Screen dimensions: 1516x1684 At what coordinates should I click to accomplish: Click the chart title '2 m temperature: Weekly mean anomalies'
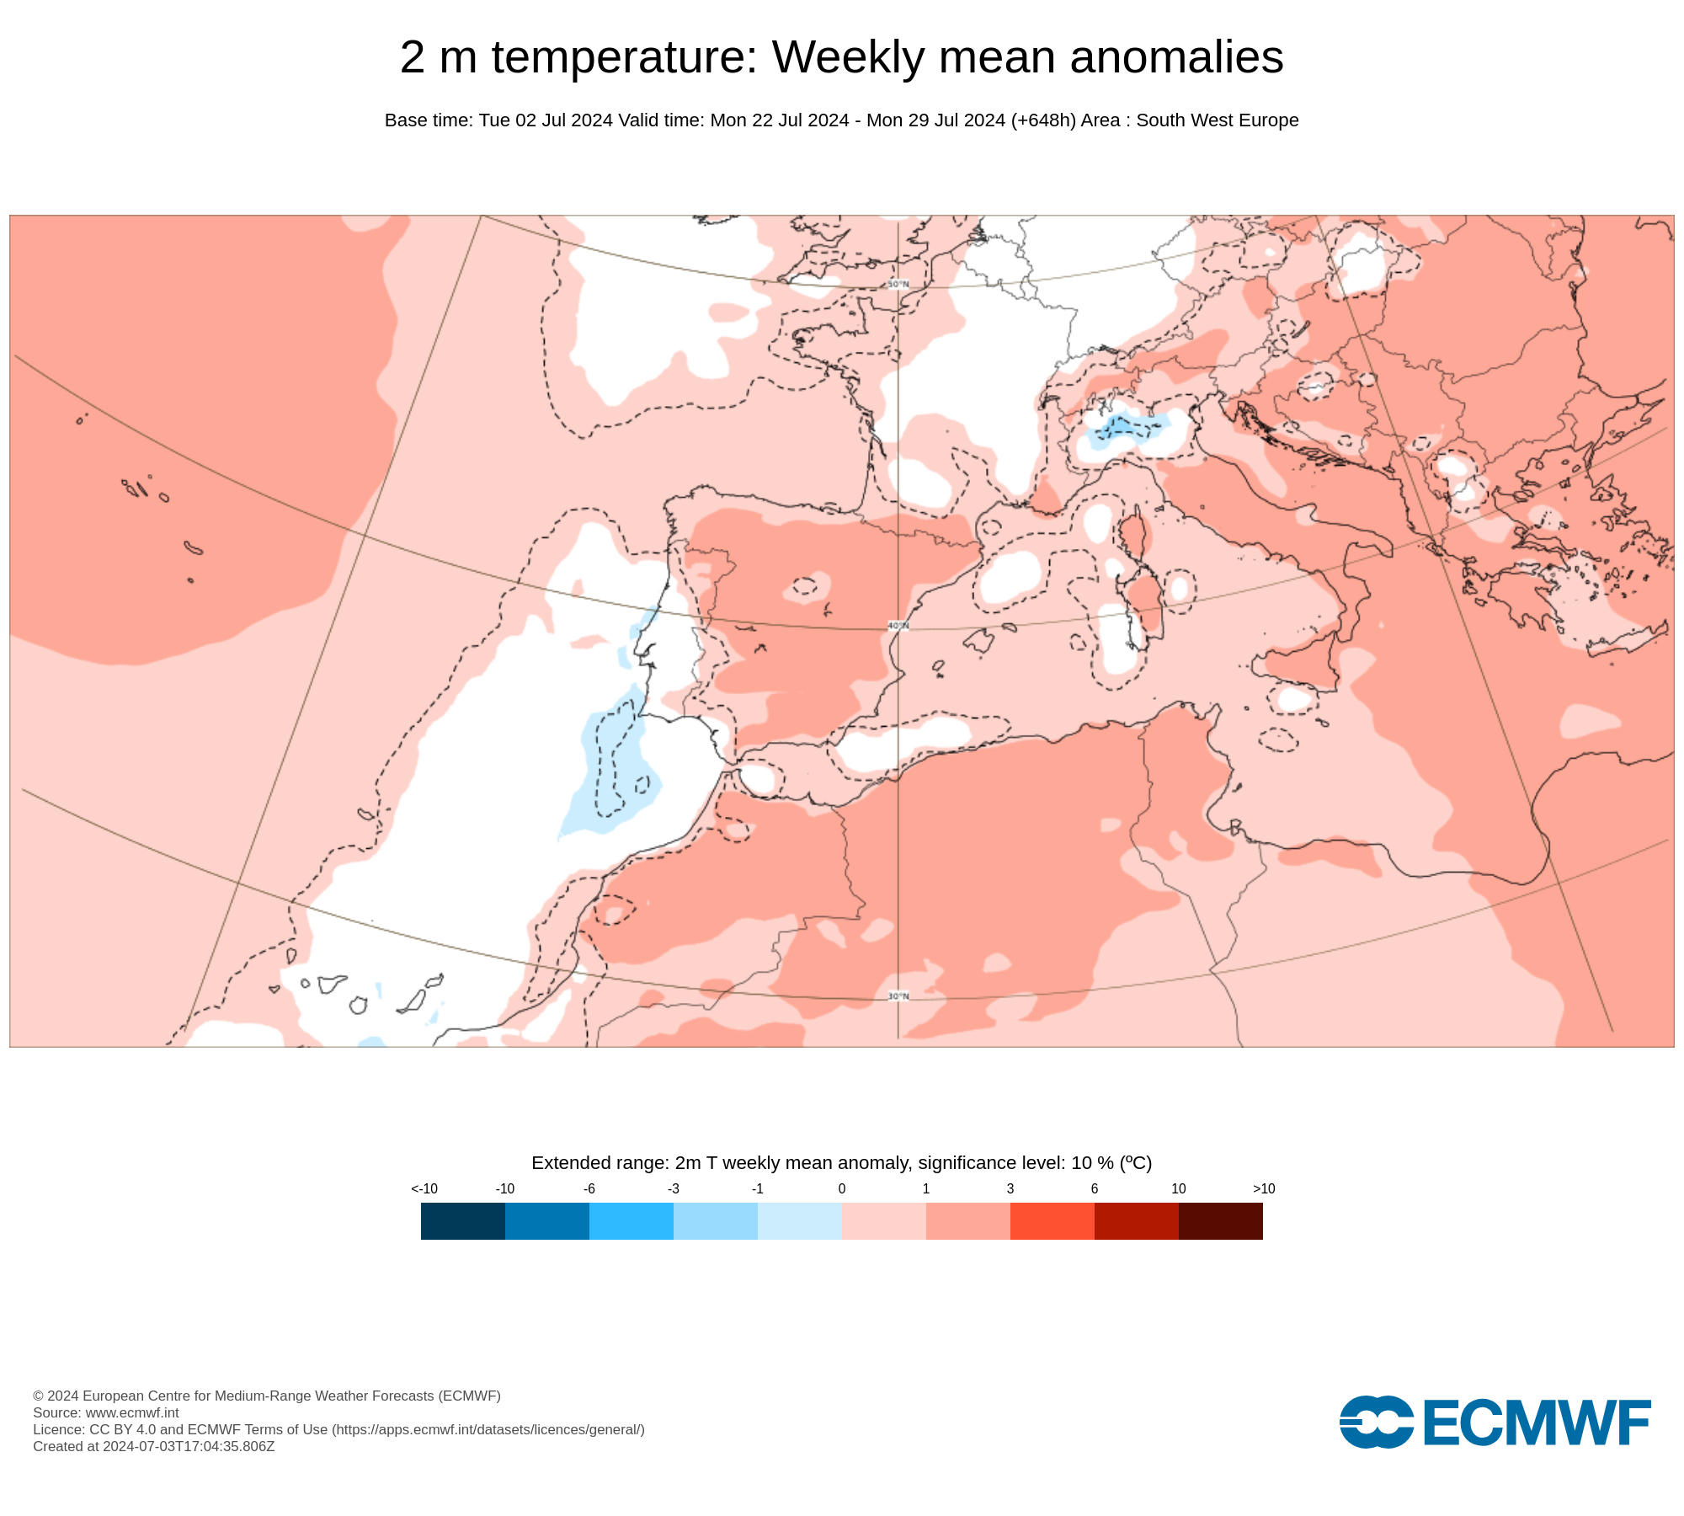coord(841,57)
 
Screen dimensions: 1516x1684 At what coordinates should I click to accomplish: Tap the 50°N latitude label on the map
coord(898,284)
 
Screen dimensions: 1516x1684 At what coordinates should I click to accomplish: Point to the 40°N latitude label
coord(898,626)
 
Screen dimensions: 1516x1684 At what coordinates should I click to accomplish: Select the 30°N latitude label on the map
coord(898,996)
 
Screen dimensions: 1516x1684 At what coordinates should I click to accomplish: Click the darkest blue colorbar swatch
coord(463,1220)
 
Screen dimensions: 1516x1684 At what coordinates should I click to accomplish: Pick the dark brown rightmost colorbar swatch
coord(1220,1220)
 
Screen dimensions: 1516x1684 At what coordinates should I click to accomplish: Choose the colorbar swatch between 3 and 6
coord(1052,1220)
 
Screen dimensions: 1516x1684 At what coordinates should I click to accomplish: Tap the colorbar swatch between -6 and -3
coord(631,1220)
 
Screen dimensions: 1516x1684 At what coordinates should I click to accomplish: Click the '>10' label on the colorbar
coord(1263,1188)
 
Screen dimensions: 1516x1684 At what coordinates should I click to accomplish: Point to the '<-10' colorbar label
coord(424,1188)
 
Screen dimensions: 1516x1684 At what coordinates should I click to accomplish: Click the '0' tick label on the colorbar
coord(842,1188)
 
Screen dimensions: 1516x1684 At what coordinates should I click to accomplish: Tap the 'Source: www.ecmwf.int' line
coord(106,1412)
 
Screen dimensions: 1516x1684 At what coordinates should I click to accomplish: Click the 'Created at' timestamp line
coord(154,1446)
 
